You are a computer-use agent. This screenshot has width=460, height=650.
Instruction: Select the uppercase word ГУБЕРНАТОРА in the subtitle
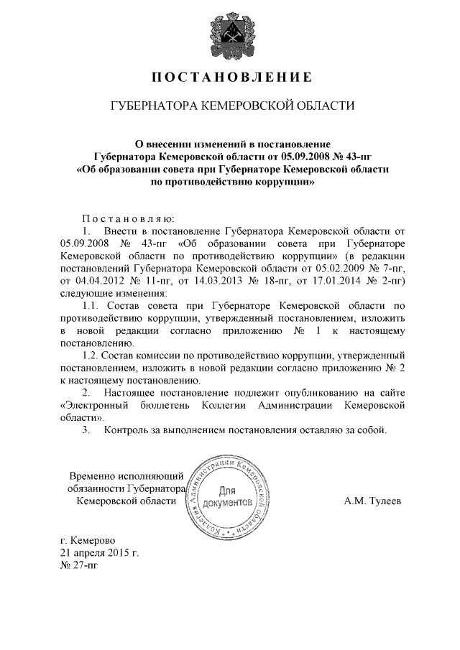click(151, 106)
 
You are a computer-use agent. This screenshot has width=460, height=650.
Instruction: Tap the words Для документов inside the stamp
click(227, 497)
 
